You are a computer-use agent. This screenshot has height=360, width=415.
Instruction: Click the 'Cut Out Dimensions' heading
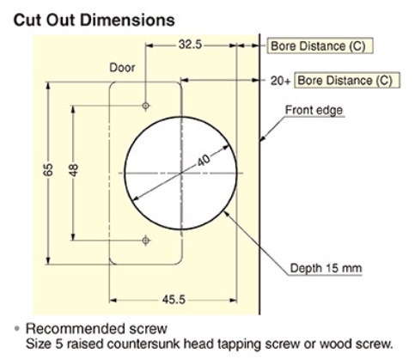click(x=94, y=20)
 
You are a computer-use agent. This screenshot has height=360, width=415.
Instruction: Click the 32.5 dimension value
click(x=190, y=45)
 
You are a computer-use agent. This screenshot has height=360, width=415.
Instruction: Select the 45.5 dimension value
click(x=174, y=300)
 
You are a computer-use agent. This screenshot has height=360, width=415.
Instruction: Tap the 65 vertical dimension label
click(x=48, y=169)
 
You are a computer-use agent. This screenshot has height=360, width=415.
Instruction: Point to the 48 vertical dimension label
click(x=74, y=170)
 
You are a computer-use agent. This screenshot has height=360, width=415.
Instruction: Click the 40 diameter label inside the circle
click(x=204, y=160)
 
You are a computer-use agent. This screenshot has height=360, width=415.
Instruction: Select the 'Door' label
click(x=122, y=68)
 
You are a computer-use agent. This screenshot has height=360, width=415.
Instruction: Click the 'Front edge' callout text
click(x=314, y=110)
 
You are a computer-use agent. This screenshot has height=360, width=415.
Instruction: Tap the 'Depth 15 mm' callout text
click(x=326, y=268)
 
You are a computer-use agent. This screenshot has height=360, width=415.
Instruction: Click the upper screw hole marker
click(x=146, y=106)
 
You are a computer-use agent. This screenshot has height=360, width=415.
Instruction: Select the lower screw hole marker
click(x=146, y=241)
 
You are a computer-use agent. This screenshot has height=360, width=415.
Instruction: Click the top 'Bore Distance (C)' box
click(x=320, y=46)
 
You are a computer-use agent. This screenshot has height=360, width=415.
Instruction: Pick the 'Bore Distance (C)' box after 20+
click(x=347, y=80)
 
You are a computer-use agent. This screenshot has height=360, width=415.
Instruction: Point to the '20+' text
click(x=280, y=81)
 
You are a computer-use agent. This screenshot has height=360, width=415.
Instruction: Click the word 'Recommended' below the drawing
click(x=76, y=329)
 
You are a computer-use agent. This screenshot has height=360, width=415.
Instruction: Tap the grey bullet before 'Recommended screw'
click(x=17, y=328)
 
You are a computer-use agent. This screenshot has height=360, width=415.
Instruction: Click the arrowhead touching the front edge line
click(x=263, y=137)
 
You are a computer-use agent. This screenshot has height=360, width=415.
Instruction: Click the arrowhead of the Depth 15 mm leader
click(x=226, y=214)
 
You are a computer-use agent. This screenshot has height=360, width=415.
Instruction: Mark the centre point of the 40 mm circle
click(x=181, y=173)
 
